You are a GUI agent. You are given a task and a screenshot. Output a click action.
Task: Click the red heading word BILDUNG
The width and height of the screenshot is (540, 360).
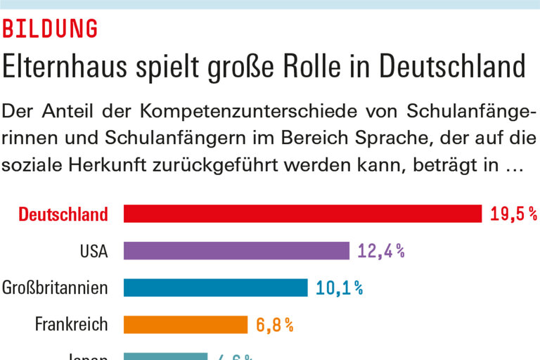click(x=50, y=29)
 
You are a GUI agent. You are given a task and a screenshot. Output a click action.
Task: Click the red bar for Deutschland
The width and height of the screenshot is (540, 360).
click(x=302, y=214)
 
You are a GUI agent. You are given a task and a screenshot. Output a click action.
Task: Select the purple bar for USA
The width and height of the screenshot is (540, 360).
click(x=236, y=251)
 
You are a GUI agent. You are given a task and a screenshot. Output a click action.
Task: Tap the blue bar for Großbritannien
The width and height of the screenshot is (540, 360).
click(x=215, y=288)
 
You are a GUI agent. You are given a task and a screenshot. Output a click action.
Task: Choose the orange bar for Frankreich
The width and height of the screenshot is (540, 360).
click(x=186, y=324)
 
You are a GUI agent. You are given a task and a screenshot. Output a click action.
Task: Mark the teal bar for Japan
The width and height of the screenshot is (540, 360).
click(x=165, y=356)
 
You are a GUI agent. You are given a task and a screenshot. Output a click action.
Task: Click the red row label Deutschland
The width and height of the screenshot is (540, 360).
click(x=63, y=214)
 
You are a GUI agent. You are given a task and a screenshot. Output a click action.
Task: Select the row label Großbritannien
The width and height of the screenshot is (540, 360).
click(x=55, y=288)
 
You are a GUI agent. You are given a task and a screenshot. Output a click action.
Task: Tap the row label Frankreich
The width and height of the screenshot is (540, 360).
click(x=72, y=324)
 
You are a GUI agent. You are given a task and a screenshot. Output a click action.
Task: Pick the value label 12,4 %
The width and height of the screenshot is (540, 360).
click(x=380, y=251)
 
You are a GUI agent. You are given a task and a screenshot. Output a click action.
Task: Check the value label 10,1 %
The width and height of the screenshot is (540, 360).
click(x=339, y=288)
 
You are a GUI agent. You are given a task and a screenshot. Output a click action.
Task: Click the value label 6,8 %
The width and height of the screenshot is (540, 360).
click(x=274, y=324)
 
